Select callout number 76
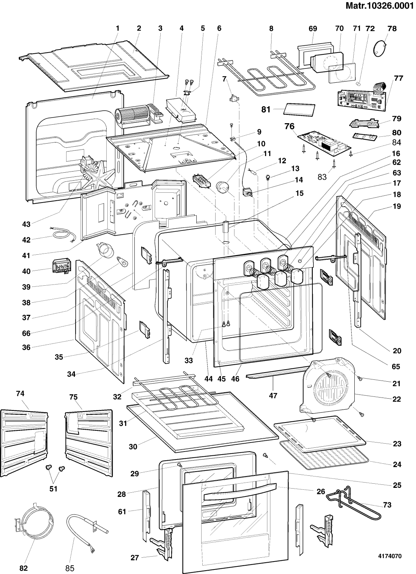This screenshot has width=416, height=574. pos(289,126)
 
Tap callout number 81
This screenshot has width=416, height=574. pos(266,110)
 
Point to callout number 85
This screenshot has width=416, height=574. pos(70,568)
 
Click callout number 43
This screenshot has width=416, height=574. pos(26,224)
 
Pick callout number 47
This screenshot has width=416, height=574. pos(273,396)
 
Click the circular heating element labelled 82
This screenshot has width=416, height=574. pos(26,521)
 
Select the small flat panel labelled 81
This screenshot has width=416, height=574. pos(300,110)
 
